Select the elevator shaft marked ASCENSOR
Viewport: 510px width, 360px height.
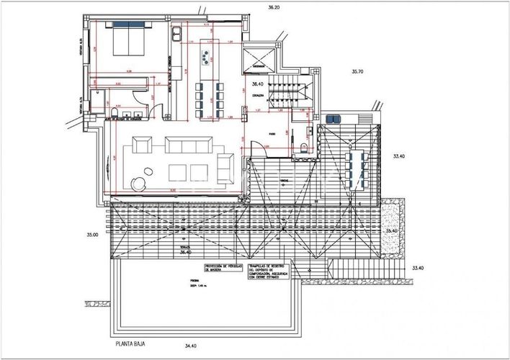pos(260,58)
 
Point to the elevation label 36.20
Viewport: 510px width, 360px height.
pos(271,7)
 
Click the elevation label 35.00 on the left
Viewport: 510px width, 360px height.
pos(91,234)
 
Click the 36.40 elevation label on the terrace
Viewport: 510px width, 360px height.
pos(187,253)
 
